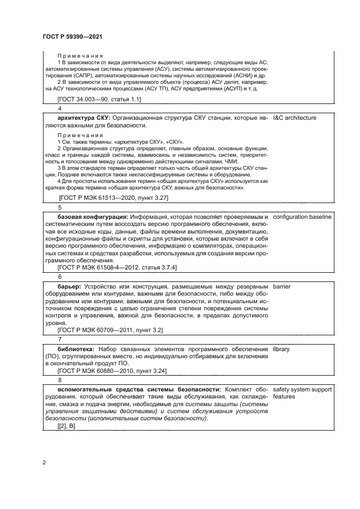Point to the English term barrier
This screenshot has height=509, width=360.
pos(283,286)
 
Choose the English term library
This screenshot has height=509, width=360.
pos(282,348)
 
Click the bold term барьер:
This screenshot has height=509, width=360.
pos(70,286)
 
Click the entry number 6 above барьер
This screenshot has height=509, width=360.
pos(60,277)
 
